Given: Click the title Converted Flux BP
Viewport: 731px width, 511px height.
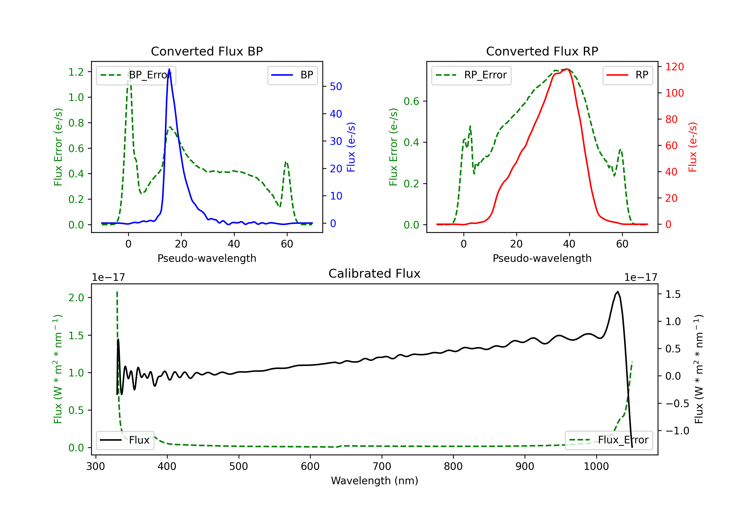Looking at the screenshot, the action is (x=207, y=51).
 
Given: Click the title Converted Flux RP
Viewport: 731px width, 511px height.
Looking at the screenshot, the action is (x=542, y=51).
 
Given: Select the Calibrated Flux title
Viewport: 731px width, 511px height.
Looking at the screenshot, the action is (x=375, y=274).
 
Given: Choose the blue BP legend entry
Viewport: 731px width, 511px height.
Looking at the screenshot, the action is (x=292, y=75).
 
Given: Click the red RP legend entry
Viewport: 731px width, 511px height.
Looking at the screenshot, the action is (x=627, y=75).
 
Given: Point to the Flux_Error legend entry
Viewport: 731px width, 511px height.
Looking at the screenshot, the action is (x=609, y=440).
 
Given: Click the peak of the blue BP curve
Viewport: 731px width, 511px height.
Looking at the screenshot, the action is (x=169, y=69).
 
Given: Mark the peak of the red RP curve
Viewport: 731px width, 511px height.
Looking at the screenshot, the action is (x=567, y=69).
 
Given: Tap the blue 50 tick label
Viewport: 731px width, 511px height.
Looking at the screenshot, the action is (x=336, y=86).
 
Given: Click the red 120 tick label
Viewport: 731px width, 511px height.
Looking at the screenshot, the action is (x=675, y=67).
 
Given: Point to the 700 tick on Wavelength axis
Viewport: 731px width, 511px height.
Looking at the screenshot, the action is (x=382, y=466).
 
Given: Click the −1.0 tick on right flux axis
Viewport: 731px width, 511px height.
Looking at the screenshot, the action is (x=677, y=431).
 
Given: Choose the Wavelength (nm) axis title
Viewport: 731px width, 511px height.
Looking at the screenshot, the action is (x=375, y=481).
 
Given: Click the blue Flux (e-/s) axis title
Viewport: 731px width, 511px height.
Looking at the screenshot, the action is (x=351, y=147).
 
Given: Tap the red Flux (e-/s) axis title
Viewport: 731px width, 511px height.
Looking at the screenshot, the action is (x=693, y=147).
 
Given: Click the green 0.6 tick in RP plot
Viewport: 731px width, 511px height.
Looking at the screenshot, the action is (x=411, y=101).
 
